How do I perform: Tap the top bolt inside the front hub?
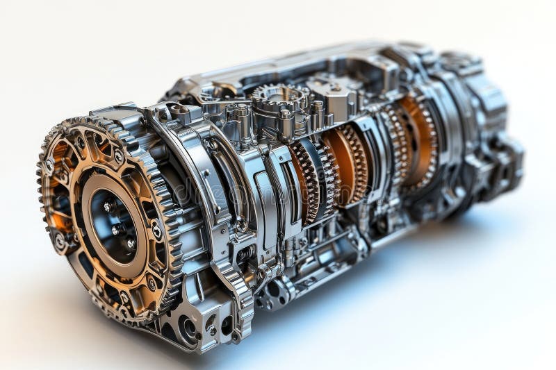(108, 207)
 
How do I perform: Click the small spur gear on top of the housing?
(278, 98)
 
